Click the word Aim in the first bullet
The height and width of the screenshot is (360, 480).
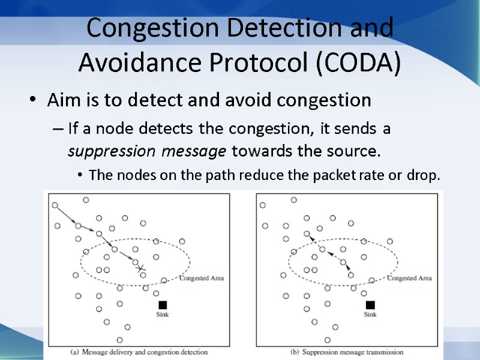(x=61, y=100)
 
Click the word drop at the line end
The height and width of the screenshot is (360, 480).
(x=428, y=175)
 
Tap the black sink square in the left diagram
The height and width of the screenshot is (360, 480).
(x=162, y=305)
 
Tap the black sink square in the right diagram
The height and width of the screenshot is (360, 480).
(x=370, y=305)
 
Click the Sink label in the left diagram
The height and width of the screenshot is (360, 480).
(x=162, y=314)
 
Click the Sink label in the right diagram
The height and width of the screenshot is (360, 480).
(x=370, y=314)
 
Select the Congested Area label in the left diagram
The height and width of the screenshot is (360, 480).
(x=202, y=278)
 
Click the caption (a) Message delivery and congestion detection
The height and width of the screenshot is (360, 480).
(x=139, y=352)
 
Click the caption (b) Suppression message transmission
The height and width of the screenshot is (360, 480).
(x=347, y=352)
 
